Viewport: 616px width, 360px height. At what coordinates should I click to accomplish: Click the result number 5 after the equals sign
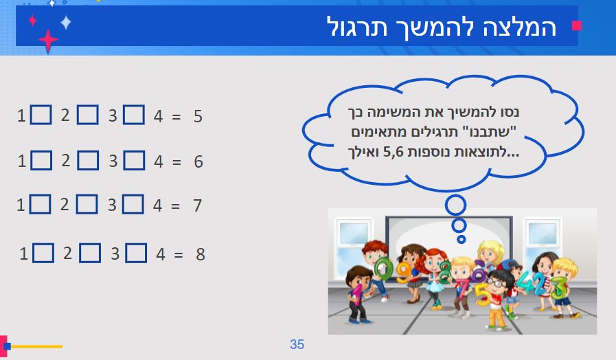pyautogui.click(x=198, y=116)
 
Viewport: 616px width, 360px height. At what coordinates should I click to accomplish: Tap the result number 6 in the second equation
pyautogui.click(x=198, y=162)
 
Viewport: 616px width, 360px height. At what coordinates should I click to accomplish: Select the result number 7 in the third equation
pyautogui.click(x=197, y=205)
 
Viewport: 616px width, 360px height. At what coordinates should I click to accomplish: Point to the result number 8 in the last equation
pyautogui.click(x=201, y=254)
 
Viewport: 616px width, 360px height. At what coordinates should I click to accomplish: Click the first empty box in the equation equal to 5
pyautogui.click(x=41, y=115)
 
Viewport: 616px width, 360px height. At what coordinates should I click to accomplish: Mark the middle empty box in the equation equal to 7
pyautogui.click(x=87, y=204)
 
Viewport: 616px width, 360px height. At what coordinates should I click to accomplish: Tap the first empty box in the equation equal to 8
pyautogui.click(x=43, y=254)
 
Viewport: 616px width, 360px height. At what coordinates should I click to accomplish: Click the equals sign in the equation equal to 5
pyautogui.click(x=176, y=117)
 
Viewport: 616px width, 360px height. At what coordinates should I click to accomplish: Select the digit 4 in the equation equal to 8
pyautogui.click(x=161, y=254)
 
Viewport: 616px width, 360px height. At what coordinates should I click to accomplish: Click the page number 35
pyautogui.click(x=297, y=344)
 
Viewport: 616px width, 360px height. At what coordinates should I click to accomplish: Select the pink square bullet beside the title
pyautogui.click(x=577, y=26)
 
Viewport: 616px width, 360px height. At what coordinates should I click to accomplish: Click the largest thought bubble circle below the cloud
pyautogui.click(x=455, y=204)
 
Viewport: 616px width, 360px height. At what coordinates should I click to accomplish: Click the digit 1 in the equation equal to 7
pyautogui.click(x=21, y=205)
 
